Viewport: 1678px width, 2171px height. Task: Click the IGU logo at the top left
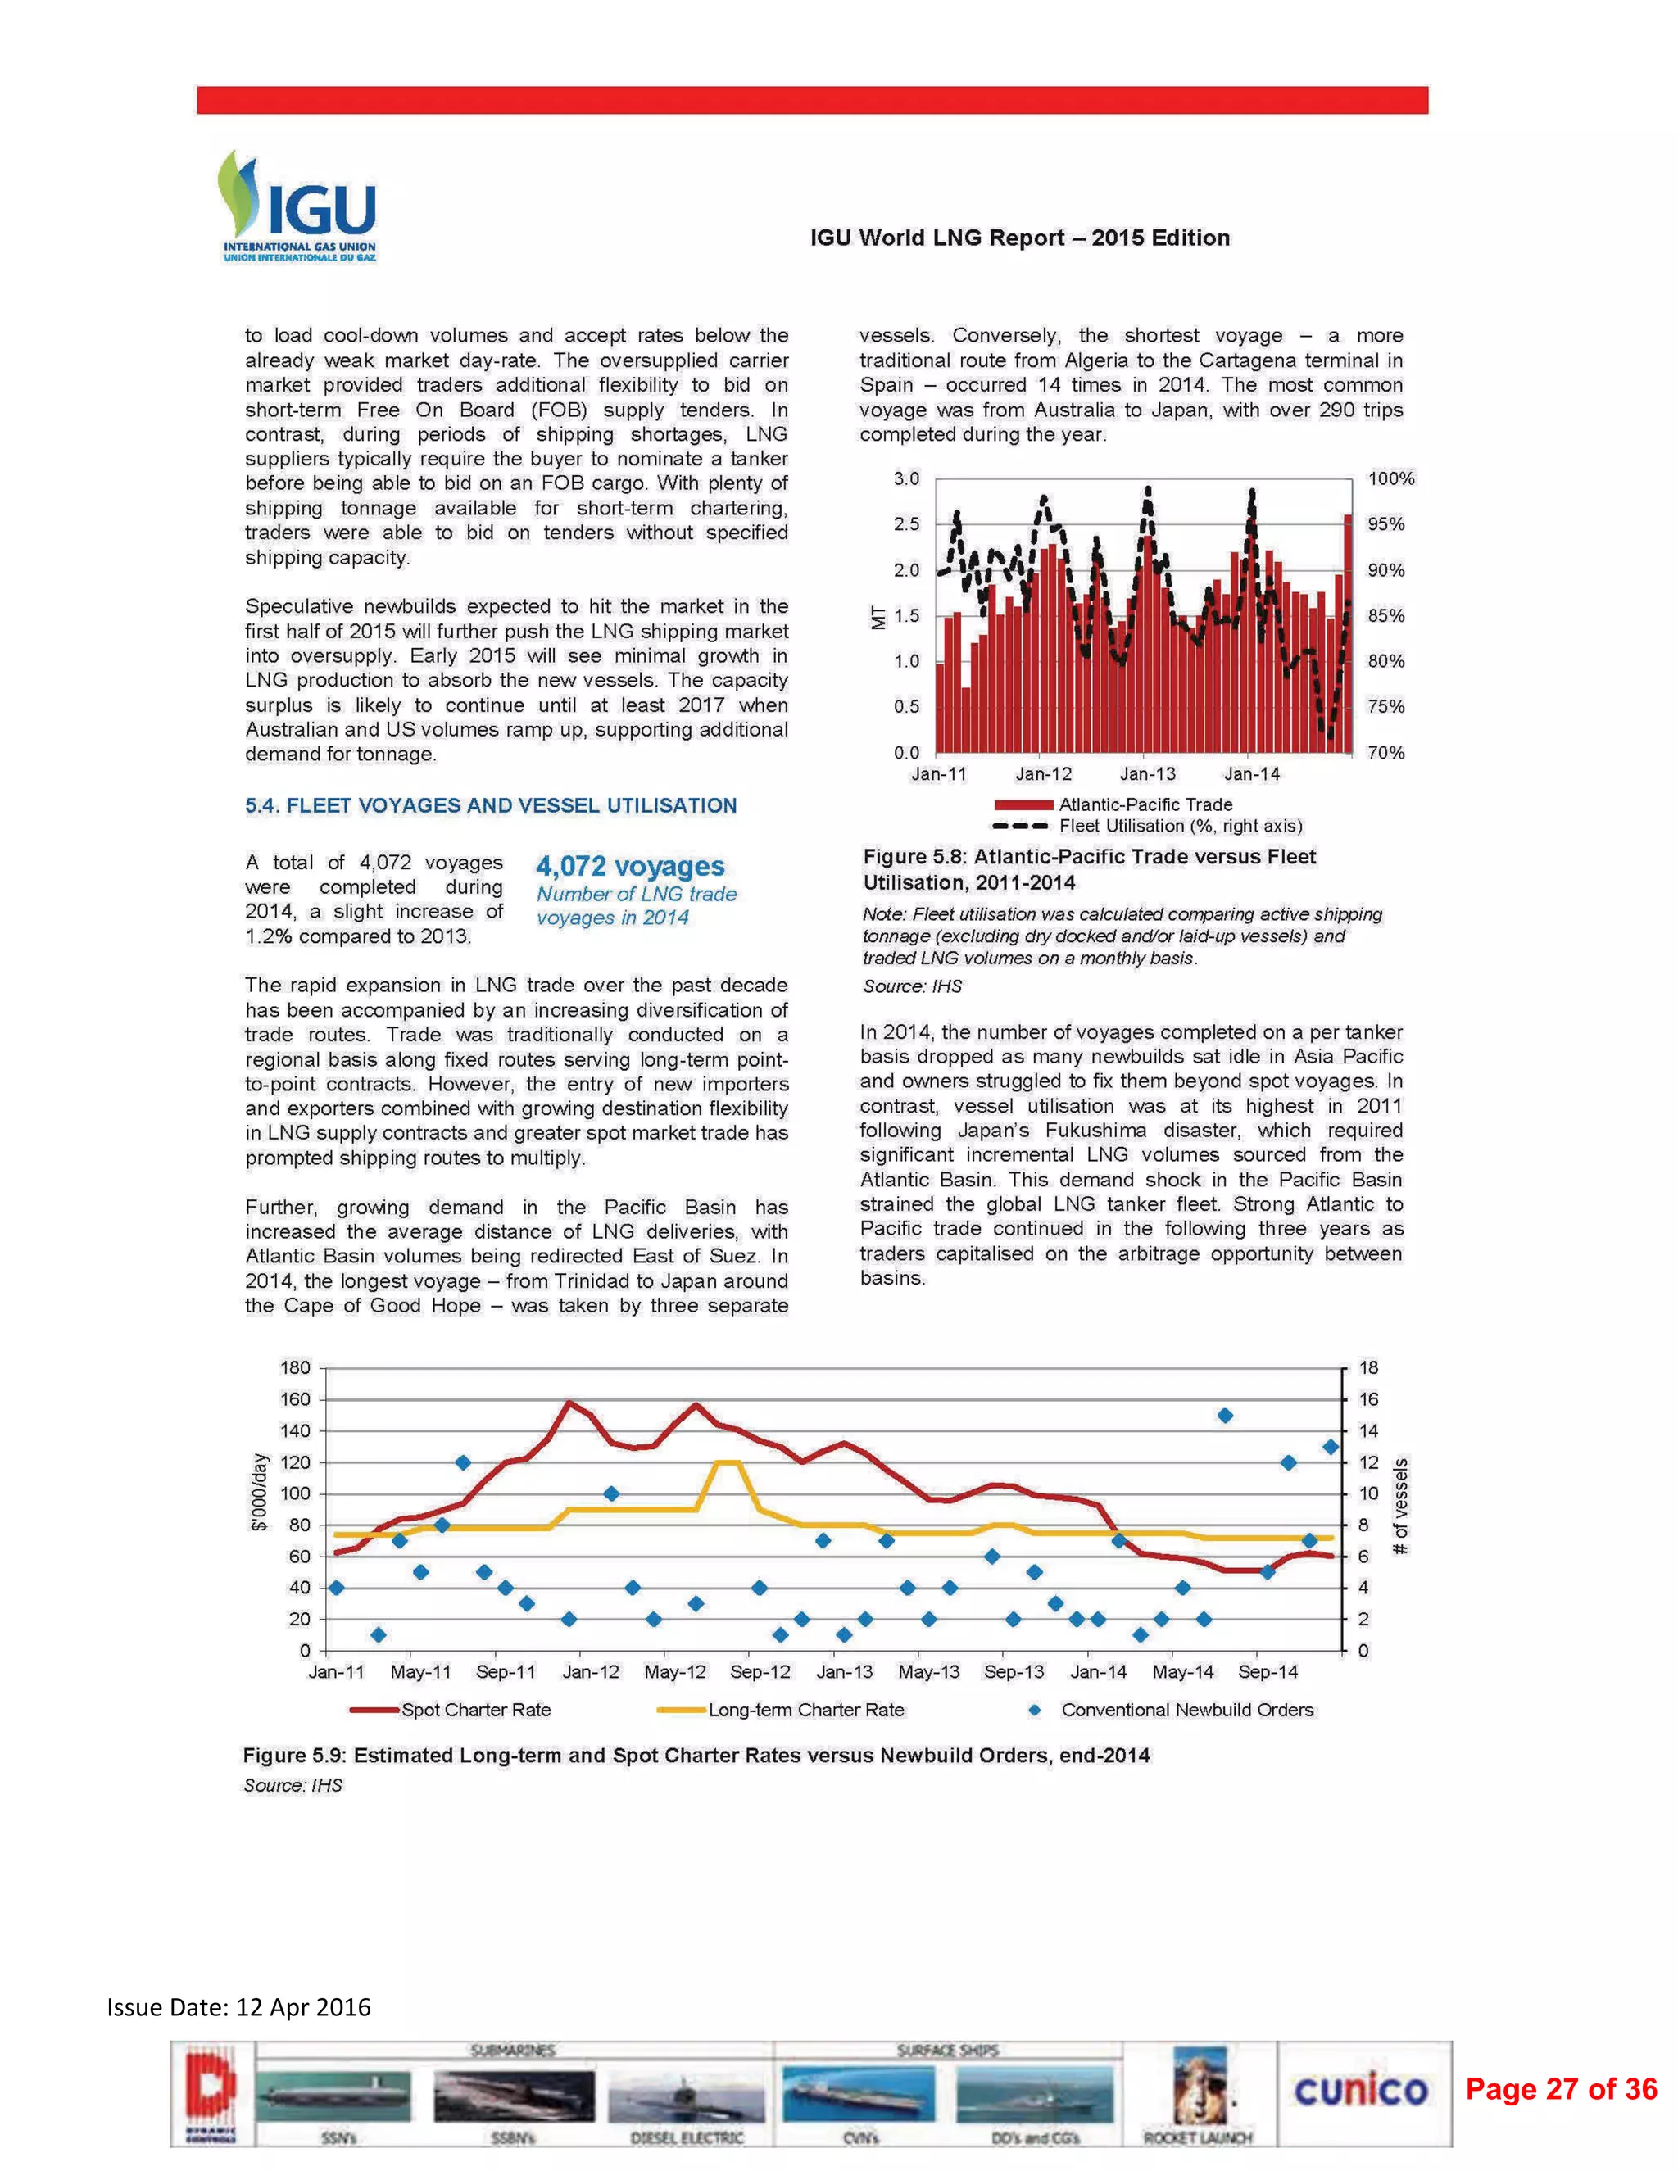pos(297,206)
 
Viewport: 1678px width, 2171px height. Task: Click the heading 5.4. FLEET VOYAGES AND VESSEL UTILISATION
pos(490,805)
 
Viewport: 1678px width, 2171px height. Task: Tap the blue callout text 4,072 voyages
pos(630,866)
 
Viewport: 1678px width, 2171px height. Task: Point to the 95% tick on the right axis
pos(1385,523)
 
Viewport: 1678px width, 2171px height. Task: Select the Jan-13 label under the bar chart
pos(1147,773)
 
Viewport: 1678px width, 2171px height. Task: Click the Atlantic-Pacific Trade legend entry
pos(1143,804)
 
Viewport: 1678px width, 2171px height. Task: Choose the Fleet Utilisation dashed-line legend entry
pos(1179,826)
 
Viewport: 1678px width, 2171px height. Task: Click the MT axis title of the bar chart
pos(878,616)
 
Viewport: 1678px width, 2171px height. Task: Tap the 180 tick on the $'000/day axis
pos(295,1368)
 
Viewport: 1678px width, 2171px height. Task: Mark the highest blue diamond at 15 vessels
pos(1225,1416)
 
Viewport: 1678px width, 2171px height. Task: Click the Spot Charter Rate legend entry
pos(474,1710)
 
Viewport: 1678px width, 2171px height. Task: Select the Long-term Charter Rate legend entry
pos(805,1710)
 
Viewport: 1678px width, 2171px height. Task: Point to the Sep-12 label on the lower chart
pos(760,1672)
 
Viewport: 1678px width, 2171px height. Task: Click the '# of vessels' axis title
pos(1400,1506)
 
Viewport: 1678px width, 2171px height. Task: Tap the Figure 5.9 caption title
pos(696,1756)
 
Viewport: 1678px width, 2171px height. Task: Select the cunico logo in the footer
pos(1360,2091)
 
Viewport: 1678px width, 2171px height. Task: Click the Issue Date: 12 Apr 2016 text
pos(238,2007)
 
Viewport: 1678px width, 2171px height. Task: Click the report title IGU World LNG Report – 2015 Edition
pos(1019,238)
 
